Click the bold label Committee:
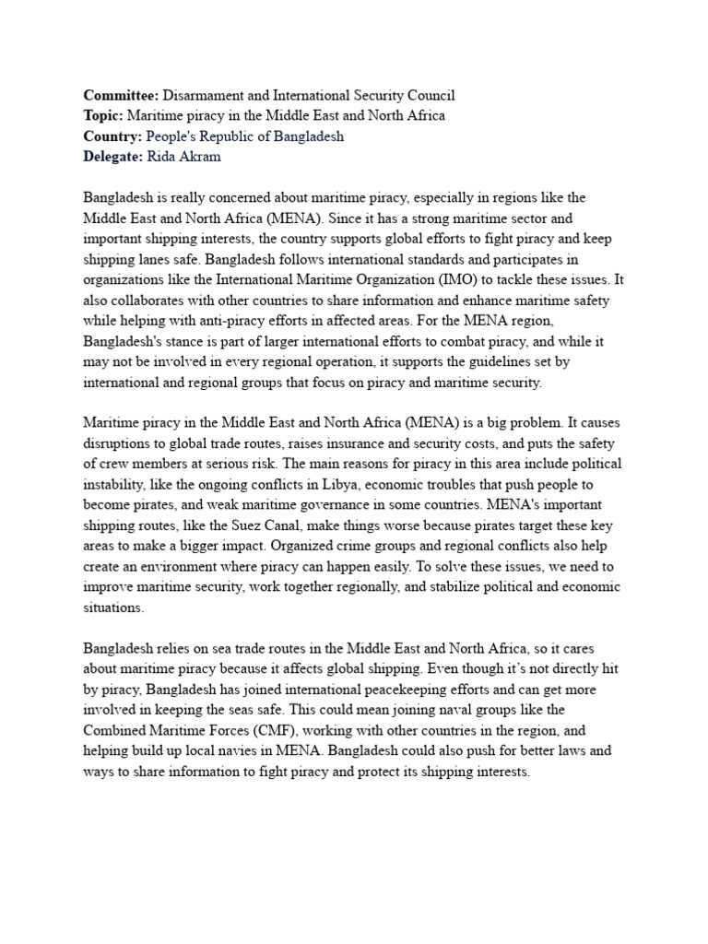pos(121,96)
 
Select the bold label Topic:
pos(103,116)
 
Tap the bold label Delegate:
pos(113,157)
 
